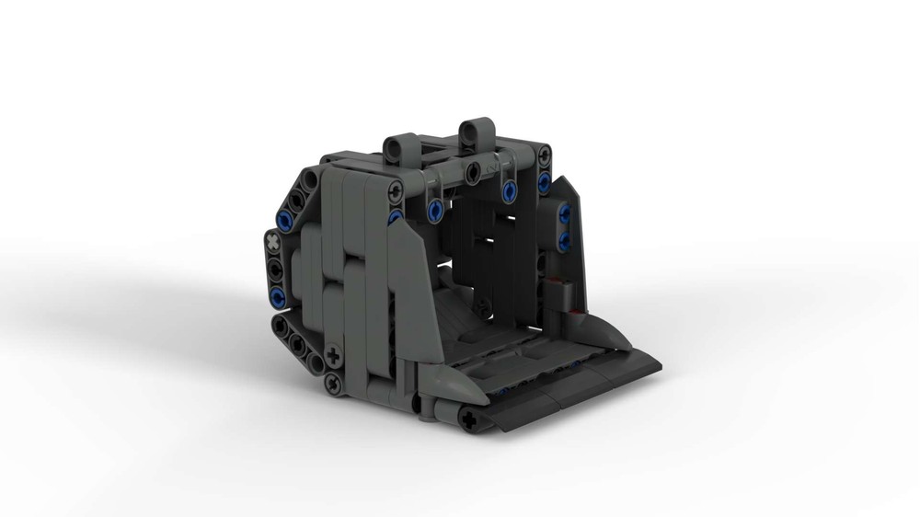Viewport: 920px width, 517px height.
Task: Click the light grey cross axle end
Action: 273,243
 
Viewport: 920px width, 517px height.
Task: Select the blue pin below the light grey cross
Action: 277,295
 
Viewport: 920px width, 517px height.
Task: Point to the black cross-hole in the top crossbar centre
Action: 471,170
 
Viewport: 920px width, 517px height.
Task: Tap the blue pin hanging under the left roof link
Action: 433,213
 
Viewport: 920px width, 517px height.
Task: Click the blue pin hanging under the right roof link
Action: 507,191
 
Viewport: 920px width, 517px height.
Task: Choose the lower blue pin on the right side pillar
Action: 563,240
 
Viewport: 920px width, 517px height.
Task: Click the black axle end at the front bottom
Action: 472,420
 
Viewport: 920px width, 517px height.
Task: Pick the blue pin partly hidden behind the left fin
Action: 395,217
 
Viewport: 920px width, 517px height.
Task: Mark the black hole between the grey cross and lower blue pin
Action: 274,269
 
